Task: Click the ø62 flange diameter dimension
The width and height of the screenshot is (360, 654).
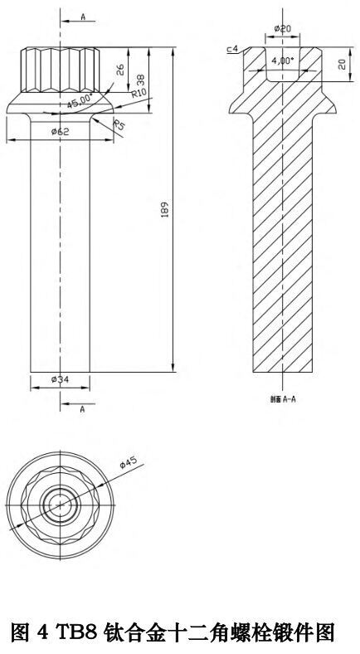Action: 60,132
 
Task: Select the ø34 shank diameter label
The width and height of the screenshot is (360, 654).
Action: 60,379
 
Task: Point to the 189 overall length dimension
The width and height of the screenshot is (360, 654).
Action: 164,210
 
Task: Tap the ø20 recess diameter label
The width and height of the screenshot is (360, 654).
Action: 283,28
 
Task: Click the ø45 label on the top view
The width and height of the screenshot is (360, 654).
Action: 129,463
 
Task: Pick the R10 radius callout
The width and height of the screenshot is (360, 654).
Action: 138,94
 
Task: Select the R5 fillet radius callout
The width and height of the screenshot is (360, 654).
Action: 119,125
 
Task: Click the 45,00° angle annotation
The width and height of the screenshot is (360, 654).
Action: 80,100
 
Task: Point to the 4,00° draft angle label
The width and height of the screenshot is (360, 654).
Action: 283,61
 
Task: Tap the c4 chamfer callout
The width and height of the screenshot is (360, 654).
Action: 232,49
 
